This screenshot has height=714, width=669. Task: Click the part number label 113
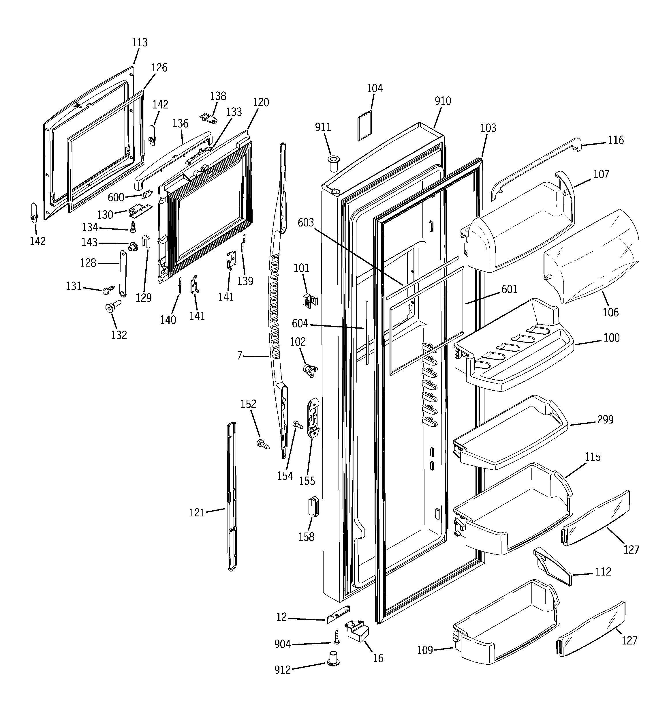(x=139, y=42)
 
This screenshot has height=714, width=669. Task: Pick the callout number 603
(x=306, y=223)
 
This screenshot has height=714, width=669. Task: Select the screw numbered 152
(x=263, y=444)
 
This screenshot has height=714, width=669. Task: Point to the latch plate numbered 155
(x=313, y=417)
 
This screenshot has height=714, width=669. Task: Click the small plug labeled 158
(x=313, y=506)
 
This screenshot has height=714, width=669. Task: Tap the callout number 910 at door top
(x=442, y=101)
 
